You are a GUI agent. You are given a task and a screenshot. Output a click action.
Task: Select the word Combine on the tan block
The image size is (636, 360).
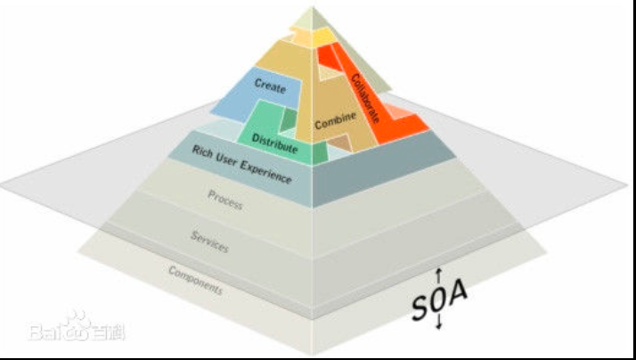[x=336, y=119]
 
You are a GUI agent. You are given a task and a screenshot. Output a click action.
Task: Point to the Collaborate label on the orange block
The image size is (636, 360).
[x=366, y=96]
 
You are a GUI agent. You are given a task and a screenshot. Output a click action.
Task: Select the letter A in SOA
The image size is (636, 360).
[x=458, y=295]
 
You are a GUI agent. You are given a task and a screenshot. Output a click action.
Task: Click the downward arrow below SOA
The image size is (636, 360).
[x=439, y=324]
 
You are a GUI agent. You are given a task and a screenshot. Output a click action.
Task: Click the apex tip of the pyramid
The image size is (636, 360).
[x=312, y=8]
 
